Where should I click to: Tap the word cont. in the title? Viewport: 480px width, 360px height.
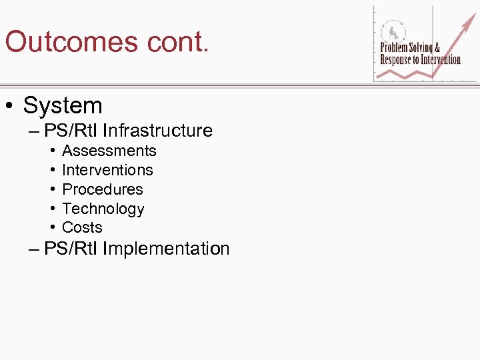[175, 41]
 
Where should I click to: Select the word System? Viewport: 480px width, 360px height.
[63, 105]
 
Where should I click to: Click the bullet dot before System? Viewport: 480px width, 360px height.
[11, 106]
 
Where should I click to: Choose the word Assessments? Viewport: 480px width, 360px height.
[109, 151]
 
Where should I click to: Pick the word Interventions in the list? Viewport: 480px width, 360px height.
[107, 171]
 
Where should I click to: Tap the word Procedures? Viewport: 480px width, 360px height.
[102, 189]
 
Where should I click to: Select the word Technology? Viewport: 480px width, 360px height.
[103, 209]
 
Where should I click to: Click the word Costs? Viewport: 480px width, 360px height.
[82, 227]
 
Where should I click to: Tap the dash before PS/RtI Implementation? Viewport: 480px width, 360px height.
[35, 250]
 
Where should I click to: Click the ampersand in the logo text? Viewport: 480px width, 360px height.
[437, 48]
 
